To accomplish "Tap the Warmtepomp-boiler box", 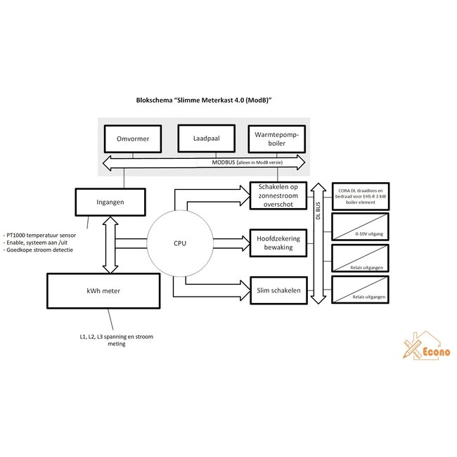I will pyautogui.click(x=277, y=139).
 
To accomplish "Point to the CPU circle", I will pyautogui.click(x=180, y=243).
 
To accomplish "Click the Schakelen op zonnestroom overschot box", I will pyautogui.click(x=278, y=194).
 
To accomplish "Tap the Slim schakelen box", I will pyautogui.click(x=278, y=290).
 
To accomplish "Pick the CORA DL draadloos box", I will pyautogui.click(x=361, y=194).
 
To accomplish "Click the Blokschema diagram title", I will pyautogui.click(x=204, y=101).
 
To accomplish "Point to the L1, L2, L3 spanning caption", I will pyautogui.click(x=117, y=340).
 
